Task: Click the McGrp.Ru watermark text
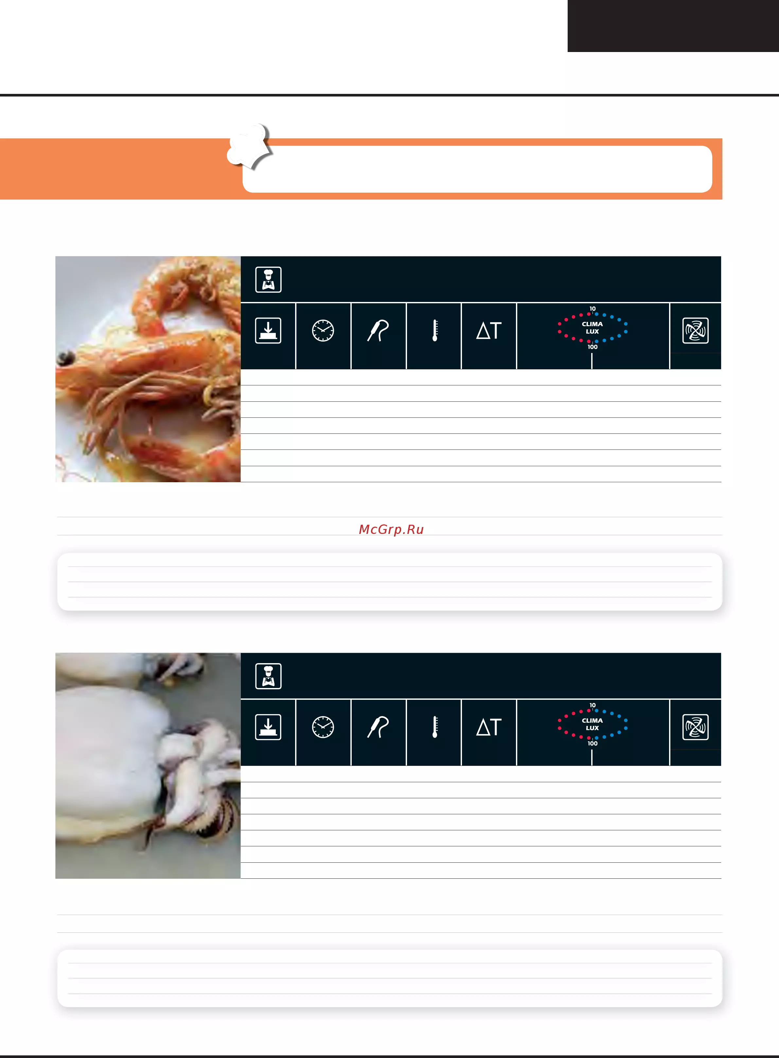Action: click(391, 529)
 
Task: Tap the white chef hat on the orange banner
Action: click(249, 146)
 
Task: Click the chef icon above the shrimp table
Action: click(268, 280)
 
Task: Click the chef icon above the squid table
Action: click(268, 676)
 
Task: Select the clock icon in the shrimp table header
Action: click(323, 330)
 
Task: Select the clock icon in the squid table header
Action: click(323, 727)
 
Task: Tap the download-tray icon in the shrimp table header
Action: click(268, 330)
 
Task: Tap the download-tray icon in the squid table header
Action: click(268, 727)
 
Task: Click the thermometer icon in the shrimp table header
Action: click(435, 330)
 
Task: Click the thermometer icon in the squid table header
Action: click(435, 727)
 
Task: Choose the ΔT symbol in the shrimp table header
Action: click(489, 330)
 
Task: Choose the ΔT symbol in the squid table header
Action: click(489, 727)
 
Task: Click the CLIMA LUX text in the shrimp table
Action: click(592, 328)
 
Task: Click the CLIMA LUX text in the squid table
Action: click(592, 724)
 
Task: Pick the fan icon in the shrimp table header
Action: click(696, 330)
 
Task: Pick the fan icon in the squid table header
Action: click(696, 727)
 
